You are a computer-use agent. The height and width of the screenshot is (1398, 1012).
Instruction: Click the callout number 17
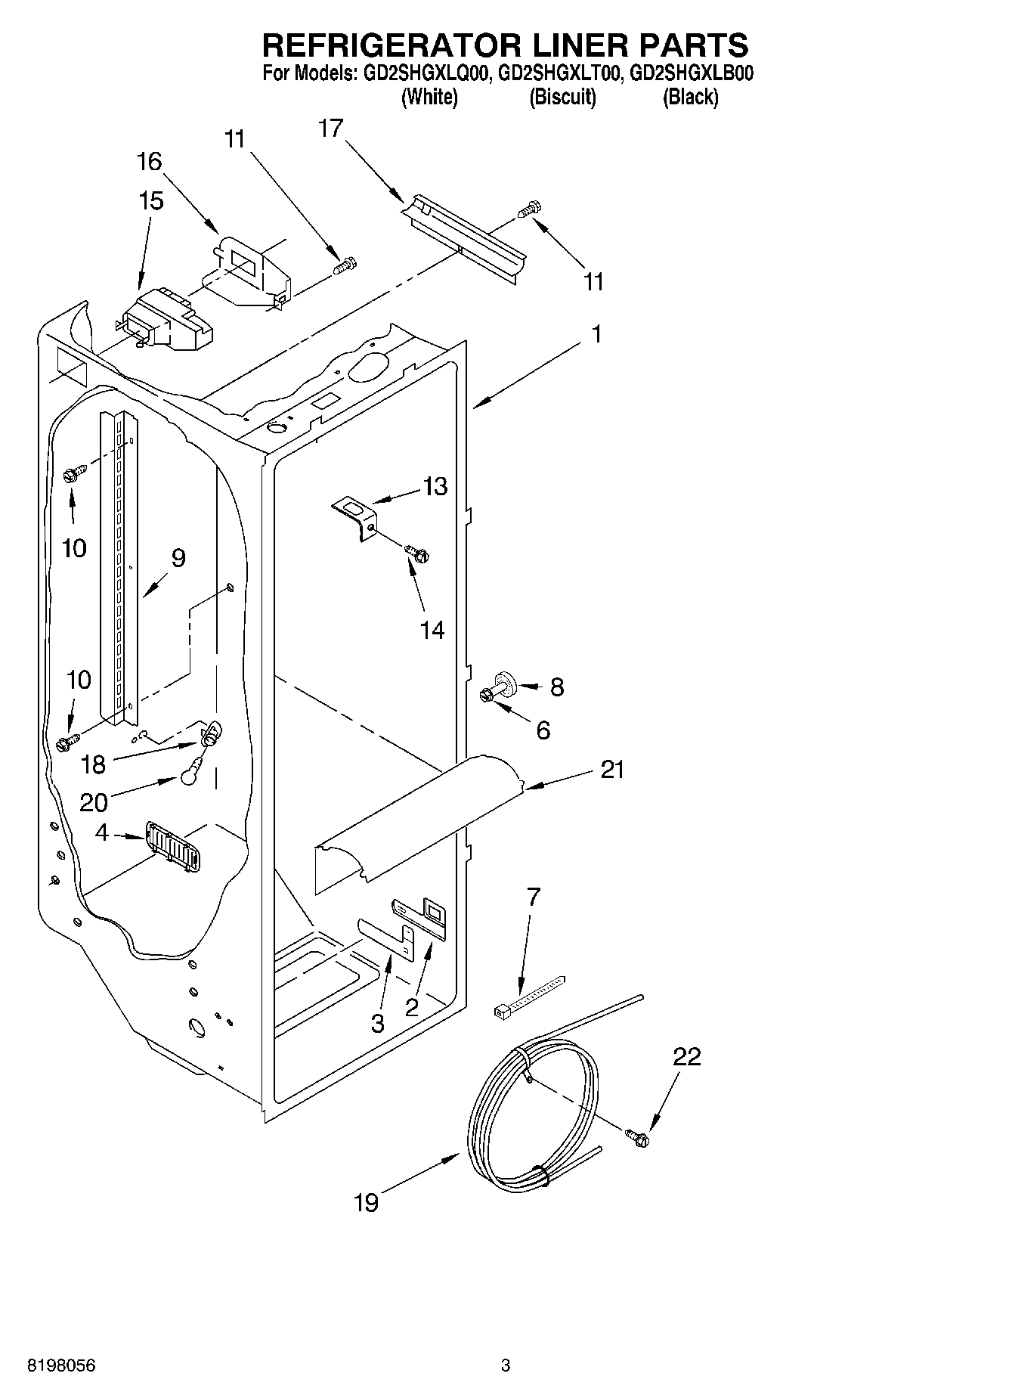(x=330, y=129)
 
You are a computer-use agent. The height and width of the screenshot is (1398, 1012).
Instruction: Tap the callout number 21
(x=612, y=770)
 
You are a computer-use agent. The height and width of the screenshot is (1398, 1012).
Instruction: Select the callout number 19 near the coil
(x=367, y=1202)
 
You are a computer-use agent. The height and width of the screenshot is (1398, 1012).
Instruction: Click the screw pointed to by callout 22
(x=638, y=1136)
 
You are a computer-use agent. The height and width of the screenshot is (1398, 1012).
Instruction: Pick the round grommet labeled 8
(x=505, y=683)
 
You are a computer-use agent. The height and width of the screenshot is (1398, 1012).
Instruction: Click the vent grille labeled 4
(x=172, y=847)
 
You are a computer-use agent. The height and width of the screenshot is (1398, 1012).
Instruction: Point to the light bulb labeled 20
(x=191, y=774)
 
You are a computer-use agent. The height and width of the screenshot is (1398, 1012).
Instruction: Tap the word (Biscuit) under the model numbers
(x=562, y=98)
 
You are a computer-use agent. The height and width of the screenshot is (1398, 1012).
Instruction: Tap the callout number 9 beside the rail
(x=178, y=558)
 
